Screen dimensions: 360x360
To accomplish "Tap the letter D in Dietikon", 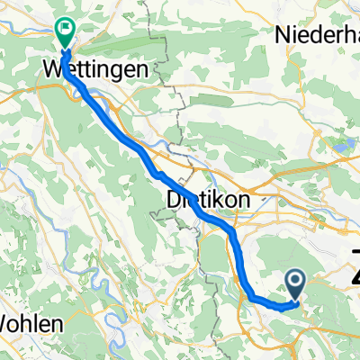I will [x=174, y=198].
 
